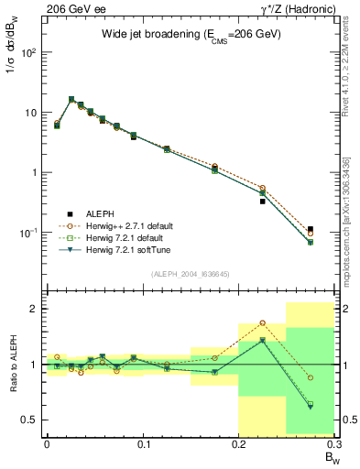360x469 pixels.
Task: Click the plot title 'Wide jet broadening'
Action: tap(191, 34)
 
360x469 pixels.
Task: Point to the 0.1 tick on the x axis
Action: tap(143, 443)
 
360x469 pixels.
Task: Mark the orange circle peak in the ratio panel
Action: tap(263, 322)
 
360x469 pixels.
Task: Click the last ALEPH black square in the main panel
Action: tap(311, 229)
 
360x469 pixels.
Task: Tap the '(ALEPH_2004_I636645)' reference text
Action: tap(191, 274)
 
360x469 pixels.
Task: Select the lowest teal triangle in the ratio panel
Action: tap(311, 407)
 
